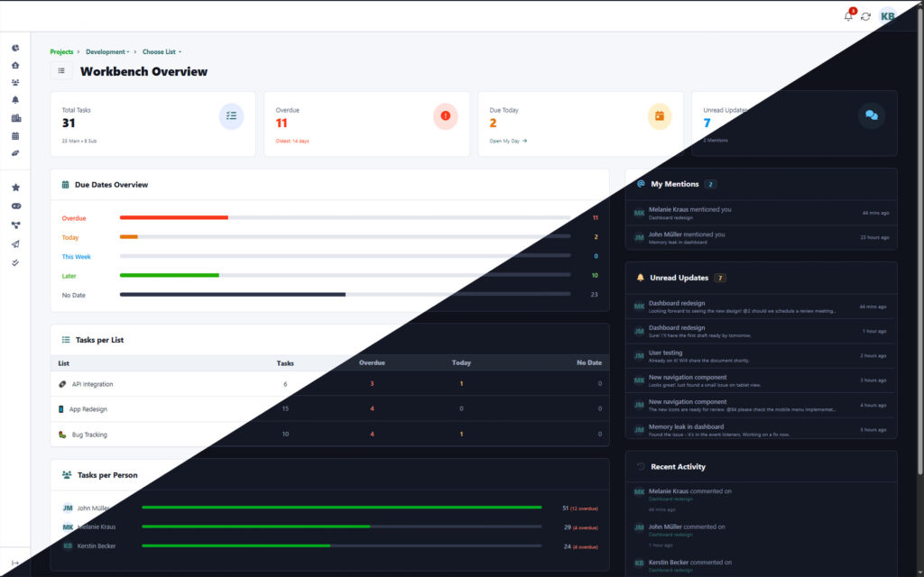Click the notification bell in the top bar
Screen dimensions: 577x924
tap(848, 16)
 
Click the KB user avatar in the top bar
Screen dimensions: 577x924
tap(888, 16)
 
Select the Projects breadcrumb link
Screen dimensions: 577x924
tap(61, 52)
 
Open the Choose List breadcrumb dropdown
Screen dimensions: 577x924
tap(162, 52)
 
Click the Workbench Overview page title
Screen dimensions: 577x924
tap(143, 71)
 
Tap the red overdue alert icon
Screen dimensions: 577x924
tap(445, 115)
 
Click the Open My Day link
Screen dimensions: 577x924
tap(508, 141)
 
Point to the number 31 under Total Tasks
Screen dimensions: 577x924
tap(69, 124)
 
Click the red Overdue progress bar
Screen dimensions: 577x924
tap(173, 217)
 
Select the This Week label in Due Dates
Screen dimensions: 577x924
tap(76, 257)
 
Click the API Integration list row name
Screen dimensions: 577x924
tap(92, 384)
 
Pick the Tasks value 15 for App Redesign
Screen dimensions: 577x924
tap(285, 409)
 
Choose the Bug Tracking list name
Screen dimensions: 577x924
tap(89, 435)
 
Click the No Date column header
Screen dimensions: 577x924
tap(588, 363)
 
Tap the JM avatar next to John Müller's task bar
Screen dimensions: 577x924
tap(68, 508)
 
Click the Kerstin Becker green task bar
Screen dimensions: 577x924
tap(236, 545)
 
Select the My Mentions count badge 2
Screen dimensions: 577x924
tap(710, 184)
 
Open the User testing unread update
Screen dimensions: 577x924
tap(665, 353)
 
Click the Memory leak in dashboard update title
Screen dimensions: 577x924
tap(686, 426)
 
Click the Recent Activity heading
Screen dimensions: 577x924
tap(678, 467)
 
